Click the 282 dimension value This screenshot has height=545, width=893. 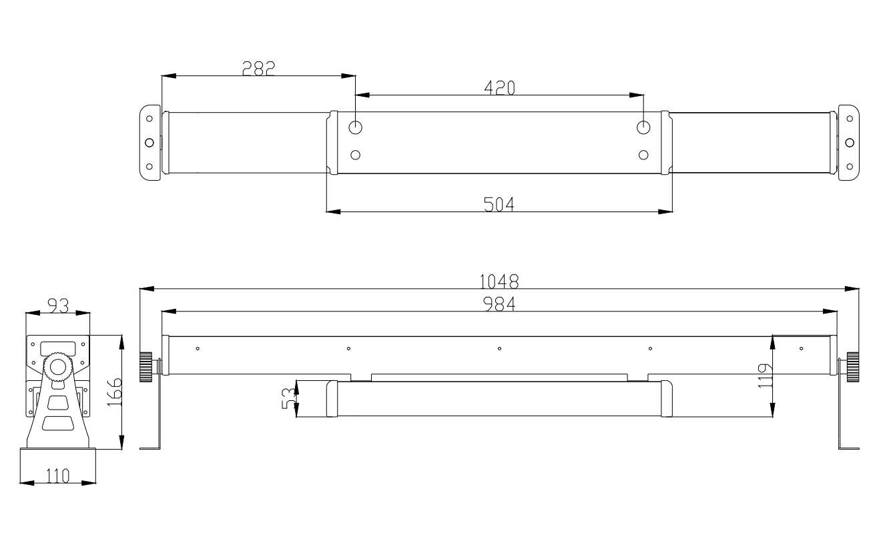[259, 68]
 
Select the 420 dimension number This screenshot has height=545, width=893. [499, 88]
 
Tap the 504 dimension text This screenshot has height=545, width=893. [499, 204]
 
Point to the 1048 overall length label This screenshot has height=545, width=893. [499, 282]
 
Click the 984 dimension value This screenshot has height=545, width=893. [499, 304]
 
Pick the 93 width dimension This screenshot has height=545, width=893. [58, 306]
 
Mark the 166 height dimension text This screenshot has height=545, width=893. [114, 392]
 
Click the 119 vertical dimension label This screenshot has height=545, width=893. [765, 376]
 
